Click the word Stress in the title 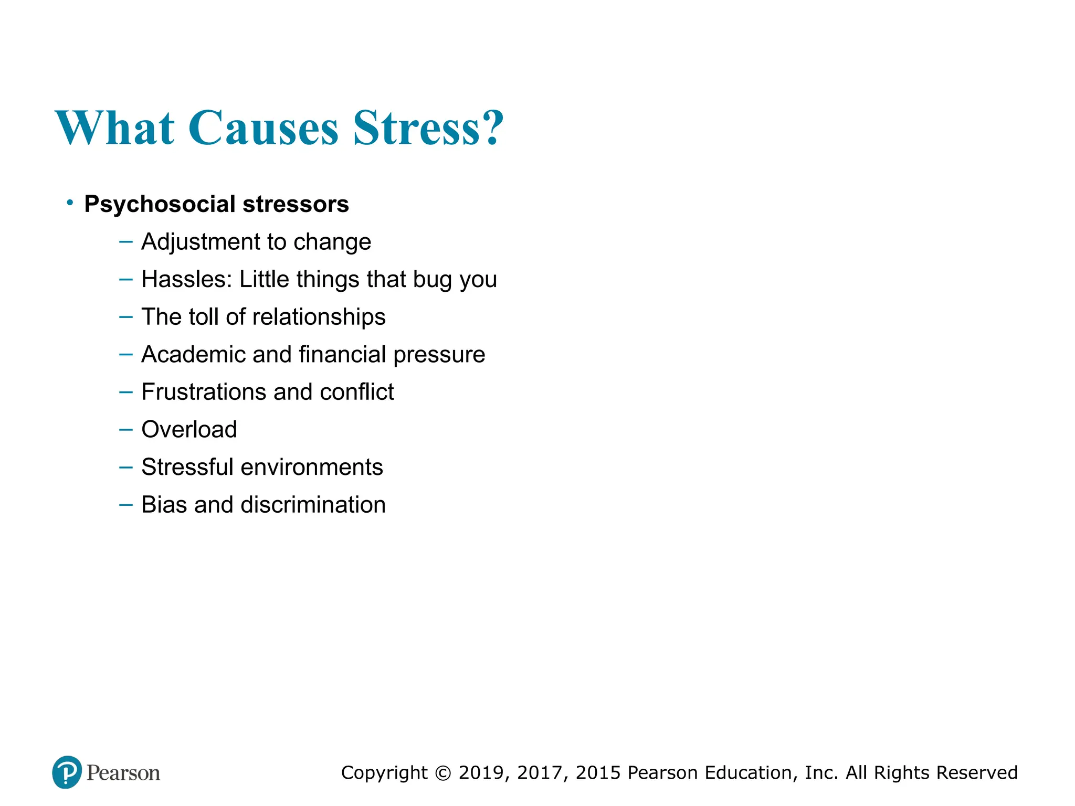pos(417,129)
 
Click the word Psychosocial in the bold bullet pos(160,204)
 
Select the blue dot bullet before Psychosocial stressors pos(70,203)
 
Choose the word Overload pos(189,429)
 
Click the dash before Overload pos(126,429)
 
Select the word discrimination pos(313,505)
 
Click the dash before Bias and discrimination pos(126,505)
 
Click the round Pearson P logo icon pos(67,772)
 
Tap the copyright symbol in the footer pos(443,773)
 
